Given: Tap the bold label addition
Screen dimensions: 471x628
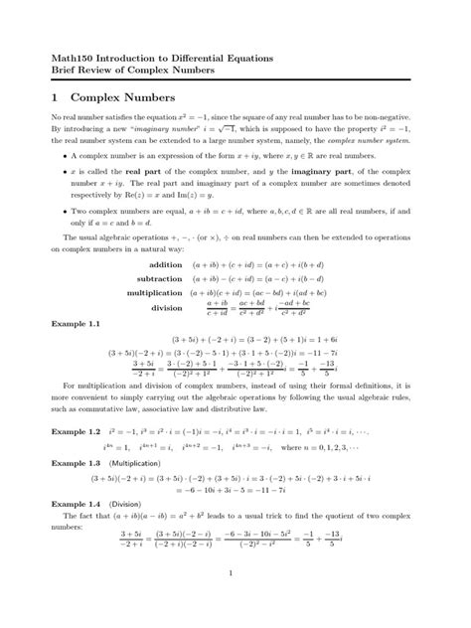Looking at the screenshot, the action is (166, 265).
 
